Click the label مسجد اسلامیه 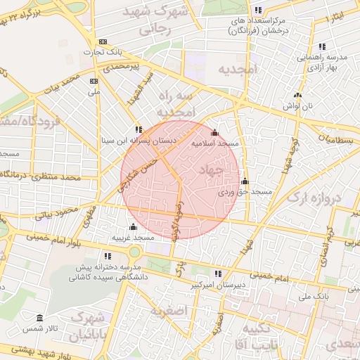216,143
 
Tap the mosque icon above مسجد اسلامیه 214,132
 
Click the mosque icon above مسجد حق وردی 245,181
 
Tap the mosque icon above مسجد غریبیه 133,226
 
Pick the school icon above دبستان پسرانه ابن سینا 139,129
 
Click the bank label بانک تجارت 103,52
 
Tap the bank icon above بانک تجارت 103,41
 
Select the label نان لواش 297,105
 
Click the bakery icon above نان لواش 297,95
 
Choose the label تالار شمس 38,328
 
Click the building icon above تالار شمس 38,318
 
